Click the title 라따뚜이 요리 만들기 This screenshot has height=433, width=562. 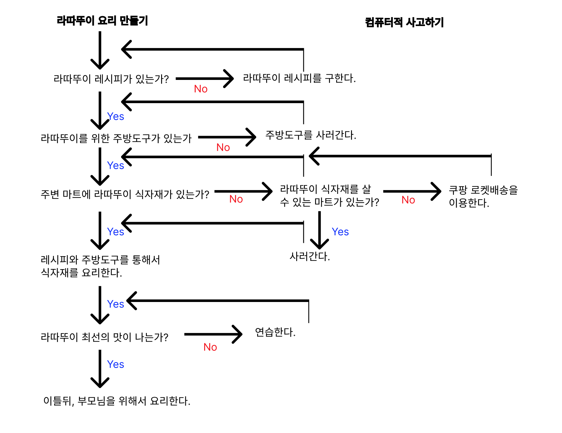(x=102, y=21)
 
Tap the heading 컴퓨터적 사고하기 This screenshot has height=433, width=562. (x=404, y=22)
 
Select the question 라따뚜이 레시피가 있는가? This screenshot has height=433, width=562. (x=111, y=79)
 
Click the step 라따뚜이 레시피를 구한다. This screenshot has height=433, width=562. (x=299, y=78)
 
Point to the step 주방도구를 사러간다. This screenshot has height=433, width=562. (x=311, y=135)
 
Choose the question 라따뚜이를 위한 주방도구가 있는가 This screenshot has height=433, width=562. (x=116, y=138)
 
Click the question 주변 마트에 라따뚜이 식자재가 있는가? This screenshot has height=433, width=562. (x=125, y=195)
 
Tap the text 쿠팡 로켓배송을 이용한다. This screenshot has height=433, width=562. (x=483, y=196)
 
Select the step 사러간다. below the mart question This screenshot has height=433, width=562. (x=310, y=256)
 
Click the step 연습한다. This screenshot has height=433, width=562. (x=275, y=332)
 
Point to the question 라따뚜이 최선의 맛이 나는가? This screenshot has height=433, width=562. (x=104, y=337)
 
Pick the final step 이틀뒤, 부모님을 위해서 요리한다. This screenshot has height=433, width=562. (x=117, y=401)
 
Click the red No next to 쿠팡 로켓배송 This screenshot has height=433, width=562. (x=408, y=200)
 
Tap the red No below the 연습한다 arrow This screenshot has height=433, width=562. (x=210, y=347)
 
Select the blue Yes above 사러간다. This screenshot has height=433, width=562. (x=340, y=232)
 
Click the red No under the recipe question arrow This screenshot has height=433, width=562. (x=201, y=89)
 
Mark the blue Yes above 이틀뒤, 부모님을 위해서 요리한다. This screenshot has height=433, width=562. (x=116, y=364)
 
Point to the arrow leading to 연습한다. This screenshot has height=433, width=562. (x=213, y=334)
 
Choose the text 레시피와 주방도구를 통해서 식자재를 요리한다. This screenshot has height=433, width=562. (x=100, y=266)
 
